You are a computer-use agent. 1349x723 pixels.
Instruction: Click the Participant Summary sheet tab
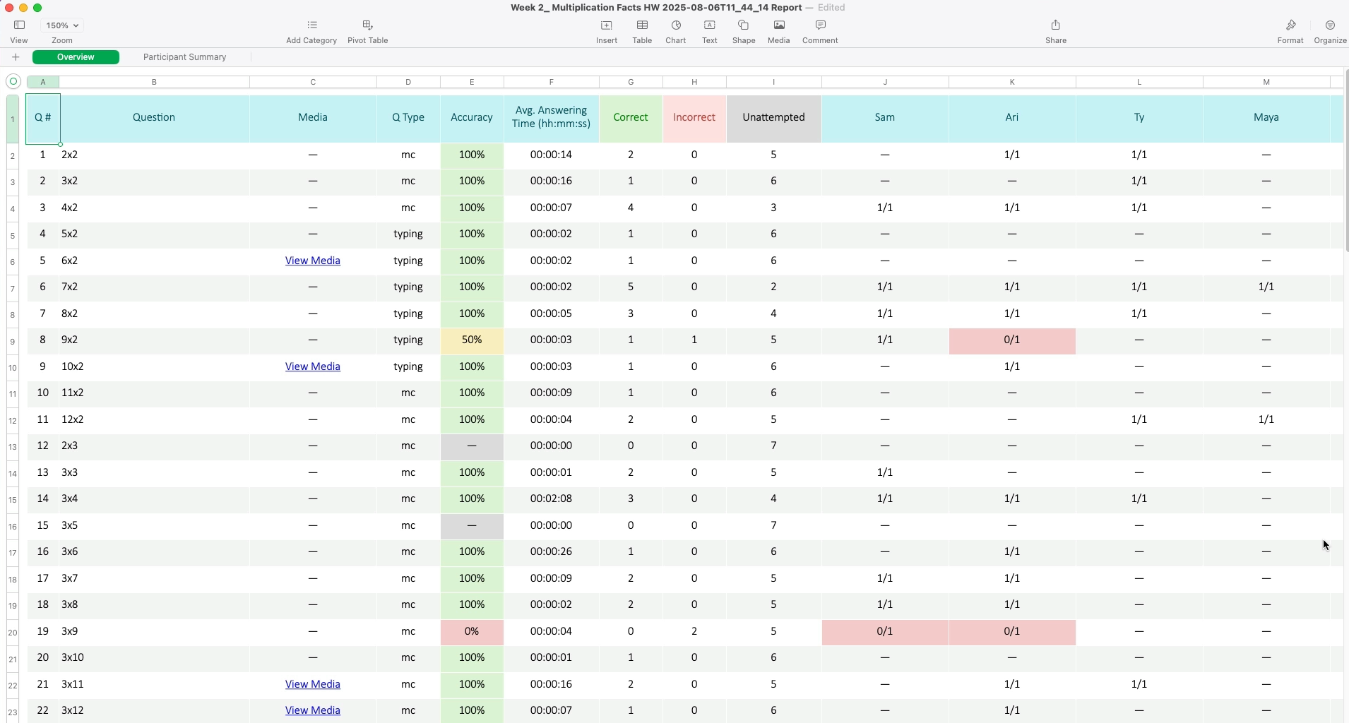(x=184, y=57)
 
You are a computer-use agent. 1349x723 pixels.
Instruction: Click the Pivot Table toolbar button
(x=367, y=31)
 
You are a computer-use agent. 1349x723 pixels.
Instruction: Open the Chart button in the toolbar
(x=675, y=31)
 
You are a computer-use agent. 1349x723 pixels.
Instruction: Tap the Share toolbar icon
(x=1055, y=31)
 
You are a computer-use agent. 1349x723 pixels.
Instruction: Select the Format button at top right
(x=1290, y=31)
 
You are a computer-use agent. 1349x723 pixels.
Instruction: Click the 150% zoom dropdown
(x=62, y=25)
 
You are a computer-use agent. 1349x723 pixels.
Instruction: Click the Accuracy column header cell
(x=472, y=118)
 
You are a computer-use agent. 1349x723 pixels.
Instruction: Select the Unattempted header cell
(x=773, y=118)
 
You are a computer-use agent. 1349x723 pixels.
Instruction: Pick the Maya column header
(x=1266, y=118)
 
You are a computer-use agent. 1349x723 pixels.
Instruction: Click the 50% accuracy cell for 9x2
(x=472, y=340)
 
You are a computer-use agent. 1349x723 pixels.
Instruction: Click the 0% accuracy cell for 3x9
(x=472, y=632)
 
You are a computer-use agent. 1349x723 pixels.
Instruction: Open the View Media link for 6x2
(x=312, y=261)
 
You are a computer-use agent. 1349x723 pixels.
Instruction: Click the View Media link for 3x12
(x=312, y=711)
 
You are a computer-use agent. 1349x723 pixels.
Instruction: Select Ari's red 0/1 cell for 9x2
(x=1011, y=340)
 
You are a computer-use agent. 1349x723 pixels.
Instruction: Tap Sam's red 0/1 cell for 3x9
(x=884, y=632)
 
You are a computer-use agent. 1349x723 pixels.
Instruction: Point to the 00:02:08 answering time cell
(x=551, y=499)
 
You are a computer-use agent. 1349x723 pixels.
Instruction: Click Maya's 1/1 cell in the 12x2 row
(x=1266, y=420)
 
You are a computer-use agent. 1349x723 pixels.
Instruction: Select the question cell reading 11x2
(x=73, y=393)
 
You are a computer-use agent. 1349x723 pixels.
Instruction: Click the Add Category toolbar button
(x=311, y=31)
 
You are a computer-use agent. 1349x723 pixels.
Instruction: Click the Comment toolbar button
(x=820, y=31)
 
